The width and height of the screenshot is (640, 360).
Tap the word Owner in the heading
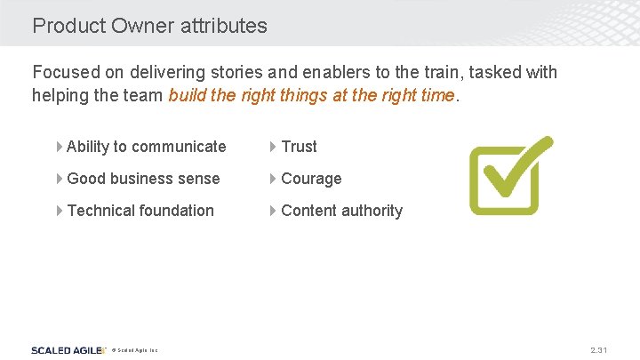[x=144, y=26]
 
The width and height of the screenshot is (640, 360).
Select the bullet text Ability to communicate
[x=146, y=147]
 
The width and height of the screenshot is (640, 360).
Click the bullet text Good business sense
[x=143, y=179]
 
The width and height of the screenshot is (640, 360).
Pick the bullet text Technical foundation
[x=140, y=211]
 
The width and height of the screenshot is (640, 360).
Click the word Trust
[x=299, y=147]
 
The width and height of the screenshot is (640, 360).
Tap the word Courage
[x=311, y=179]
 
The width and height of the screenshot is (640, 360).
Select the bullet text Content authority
[x=341, y=211]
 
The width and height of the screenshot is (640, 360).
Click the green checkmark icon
[x=508, y=175]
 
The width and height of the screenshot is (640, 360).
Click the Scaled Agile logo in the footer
[x=68, y=350]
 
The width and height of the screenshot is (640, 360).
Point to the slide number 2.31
[x=598, y=350]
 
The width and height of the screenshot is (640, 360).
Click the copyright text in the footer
[x=135, y=351]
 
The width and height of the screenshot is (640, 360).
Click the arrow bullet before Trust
[x=274, y=147]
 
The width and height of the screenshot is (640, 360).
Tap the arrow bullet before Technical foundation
[x=60, y=211]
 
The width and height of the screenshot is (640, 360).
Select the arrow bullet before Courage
[x=274, y=179]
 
